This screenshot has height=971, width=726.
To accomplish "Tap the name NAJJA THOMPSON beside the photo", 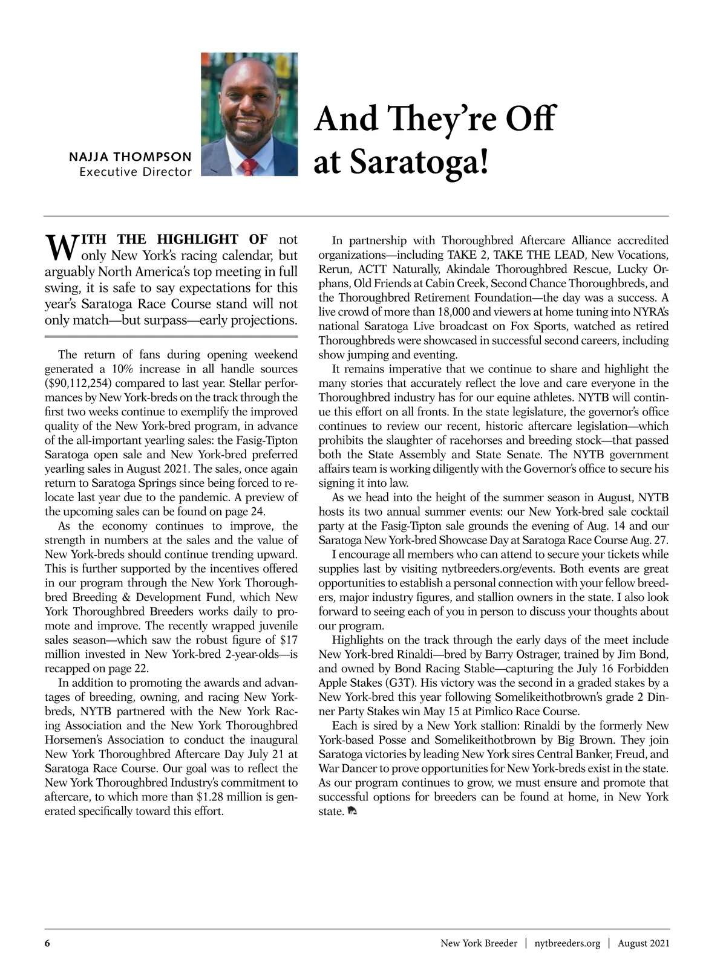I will tap(131, 157).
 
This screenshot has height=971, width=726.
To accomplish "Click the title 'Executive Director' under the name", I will tap(136, 172).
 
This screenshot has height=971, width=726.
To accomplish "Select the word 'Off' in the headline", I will tap(528, 118).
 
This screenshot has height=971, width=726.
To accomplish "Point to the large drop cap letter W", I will tap(59, 246).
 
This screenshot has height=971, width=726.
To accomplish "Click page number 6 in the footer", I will tap(47, 943).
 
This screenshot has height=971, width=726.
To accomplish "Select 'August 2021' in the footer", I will tap(643, 943).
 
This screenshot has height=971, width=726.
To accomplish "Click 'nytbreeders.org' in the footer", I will tap(567, 943).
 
